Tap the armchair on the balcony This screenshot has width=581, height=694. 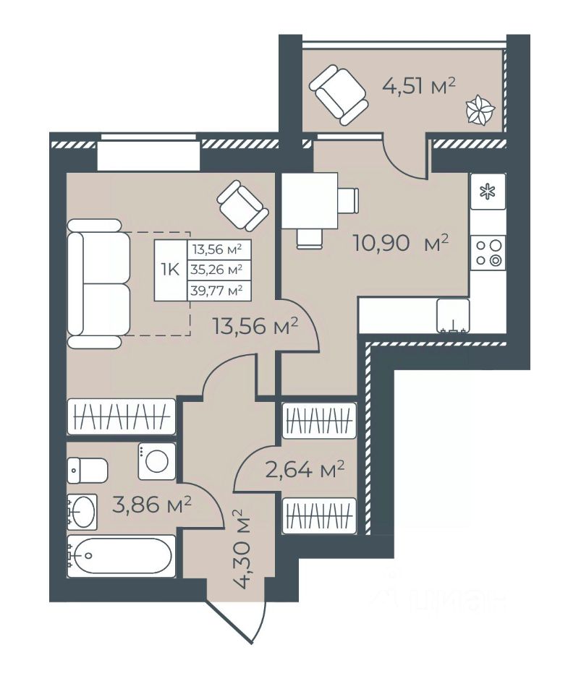click(x=339, y=95)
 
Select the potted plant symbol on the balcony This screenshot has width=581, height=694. click(x=480, y=110)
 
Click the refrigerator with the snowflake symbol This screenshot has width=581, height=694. click(x=488, y=191)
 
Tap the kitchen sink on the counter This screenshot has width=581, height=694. click(x=453, y=315)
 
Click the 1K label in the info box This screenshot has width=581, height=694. click(x=171, y=270)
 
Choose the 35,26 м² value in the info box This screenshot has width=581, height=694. click(x=217, y=269)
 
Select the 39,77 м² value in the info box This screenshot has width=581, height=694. click(x=217, y=291)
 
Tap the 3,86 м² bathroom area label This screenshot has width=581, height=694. click(x=151, y=505)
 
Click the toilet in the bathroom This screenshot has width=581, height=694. click(x=88, y=471)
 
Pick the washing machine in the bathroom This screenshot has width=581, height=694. click(x=157, y=461)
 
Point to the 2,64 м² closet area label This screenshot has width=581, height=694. click(x=305, y=470)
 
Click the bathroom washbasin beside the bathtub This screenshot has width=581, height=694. click(x=82, y=512)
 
